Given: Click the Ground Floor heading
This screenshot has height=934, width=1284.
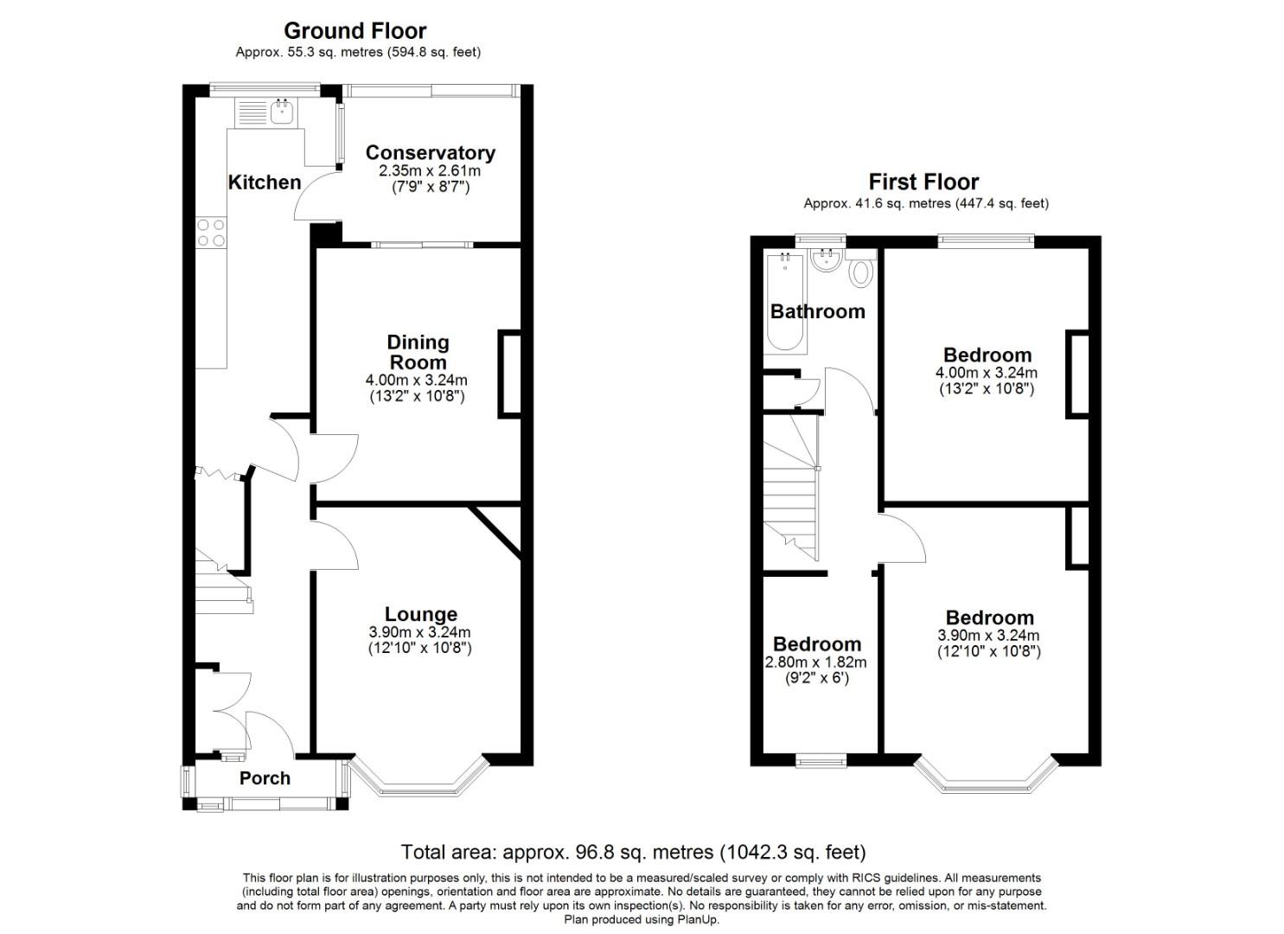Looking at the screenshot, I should click(355, 31).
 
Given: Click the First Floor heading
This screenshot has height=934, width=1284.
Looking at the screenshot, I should click(923, 182).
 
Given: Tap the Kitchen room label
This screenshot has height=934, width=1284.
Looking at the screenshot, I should click(265, 182).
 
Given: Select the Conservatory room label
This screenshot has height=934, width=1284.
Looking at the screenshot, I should click(430, 153).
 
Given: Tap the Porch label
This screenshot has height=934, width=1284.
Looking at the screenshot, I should click(265, 778).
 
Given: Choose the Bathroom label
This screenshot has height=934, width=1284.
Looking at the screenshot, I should click(817, 311).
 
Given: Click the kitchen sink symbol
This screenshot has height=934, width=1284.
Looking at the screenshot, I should click(283, 112).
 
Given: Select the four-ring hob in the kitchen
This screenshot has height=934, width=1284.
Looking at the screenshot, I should click(211, 233).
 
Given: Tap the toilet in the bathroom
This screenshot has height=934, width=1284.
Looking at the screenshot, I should click(860, 272).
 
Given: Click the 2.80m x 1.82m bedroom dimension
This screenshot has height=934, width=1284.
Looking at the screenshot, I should click(816, 662).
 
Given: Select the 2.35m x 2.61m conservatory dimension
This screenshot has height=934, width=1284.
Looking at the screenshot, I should click(430, 171).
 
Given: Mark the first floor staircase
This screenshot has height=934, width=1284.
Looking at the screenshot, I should click(791, 489).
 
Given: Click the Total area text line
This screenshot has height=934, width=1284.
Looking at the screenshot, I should click(633, 853).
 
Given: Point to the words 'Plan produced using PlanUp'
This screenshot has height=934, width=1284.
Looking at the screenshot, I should click(642, 919).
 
